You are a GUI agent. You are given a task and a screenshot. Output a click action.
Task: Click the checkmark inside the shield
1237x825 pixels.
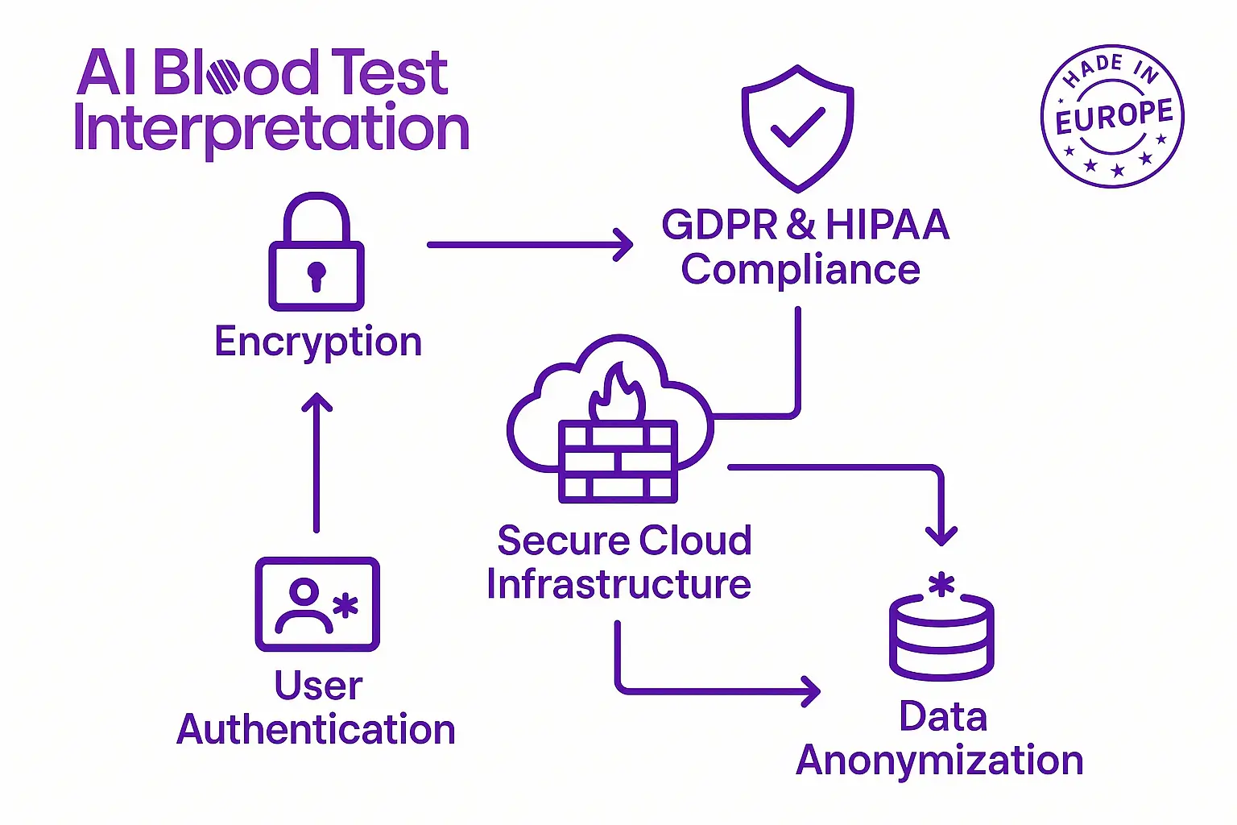[x=797, y=127]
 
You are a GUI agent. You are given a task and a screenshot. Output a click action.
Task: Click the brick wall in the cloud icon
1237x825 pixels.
[x=618, y=462]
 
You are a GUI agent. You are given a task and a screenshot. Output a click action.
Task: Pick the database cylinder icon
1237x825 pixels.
[x=941, y=637]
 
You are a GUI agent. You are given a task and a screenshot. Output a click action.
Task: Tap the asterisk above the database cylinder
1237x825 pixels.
[x=941, y=585]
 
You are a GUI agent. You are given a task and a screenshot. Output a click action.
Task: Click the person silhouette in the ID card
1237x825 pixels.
[x=304, y=606]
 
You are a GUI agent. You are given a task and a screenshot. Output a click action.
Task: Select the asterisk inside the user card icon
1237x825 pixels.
[x=345, y=606]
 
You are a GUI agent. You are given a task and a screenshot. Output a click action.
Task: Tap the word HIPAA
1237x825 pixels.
[x=887, y=225]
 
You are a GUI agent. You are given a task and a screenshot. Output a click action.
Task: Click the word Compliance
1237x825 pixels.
[x=801, y=271]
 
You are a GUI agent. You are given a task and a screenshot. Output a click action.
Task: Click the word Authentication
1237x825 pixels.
[x=316, y=729]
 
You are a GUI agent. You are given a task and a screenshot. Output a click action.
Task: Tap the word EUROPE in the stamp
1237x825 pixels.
[x=1114, y=117]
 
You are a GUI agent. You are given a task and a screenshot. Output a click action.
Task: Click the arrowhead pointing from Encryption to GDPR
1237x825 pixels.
[x=623, y=244]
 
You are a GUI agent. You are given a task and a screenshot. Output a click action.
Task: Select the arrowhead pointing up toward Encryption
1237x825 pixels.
[x=316, y=402]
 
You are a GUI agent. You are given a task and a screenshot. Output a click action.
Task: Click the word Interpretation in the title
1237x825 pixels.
[x=271, y=130]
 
